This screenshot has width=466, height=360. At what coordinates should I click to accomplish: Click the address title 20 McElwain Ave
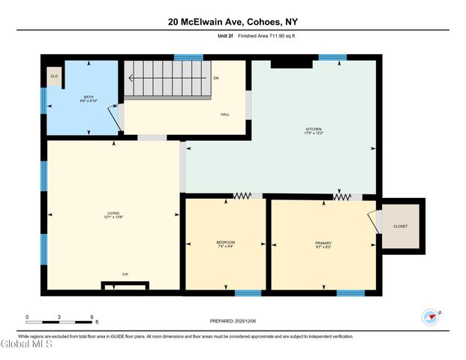point(233,22)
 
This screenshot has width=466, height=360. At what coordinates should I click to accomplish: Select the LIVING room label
point(113,214)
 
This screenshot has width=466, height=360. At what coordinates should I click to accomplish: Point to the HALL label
point(224,115)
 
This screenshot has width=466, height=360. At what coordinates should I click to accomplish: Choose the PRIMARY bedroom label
point(323,242)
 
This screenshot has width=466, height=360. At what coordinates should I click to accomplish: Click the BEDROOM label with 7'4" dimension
point(226,242)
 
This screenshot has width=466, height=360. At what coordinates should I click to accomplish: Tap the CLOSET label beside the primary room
point(401,226)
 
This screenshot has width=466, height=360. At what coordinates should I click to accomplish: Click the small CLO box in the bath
point(53,76)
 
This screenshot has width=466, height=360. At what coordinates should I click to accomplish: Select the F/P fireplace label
point(125,274)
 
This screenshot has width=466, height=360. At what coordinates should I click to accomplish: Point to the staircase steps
point(167,78)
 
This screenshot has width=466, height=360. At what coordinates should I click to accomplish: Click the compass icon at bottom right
point(430,316)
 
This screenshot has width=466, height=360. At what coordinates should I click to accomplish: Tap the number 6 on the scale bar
point(91,317)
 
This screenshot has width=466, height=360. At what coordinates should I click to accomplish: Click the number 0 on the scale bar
point(27,317)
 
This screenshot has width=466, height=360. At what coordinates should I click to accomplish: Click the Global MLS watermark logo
point(27,345)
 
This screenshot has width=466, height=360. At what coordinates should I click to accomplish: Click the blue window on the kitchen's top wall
point(332,57)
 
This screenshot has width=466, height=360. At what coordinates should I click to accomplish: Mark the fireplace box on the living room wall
point(125,284)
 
